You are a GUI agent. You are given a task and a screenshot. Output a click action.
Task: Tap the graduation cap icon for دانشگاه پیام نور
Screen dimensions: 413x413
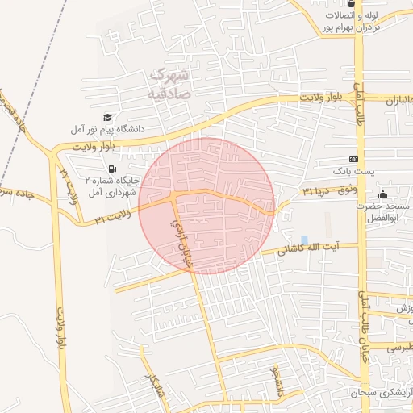point(108,118)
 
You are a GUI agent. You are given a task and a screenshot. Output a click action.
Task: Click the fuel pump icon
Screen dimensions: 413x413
point(111,169)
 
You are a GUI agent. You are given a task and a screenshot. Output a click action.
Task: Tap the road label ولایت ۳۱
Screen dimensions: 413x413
point(111,219)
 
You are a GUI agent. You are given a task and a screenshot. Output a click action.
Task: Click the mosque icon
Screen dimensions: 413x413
point(382,194)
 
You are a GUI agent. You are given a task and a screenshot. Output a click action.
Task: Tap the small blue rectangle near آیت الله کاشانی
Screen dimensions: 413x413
point(304,239)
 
